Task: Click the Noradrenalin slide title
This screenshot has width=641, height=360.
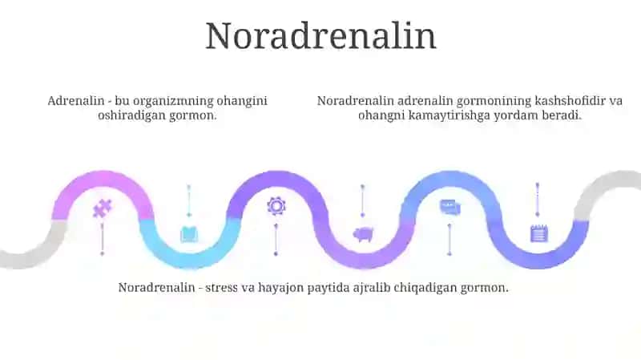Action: click(x=321, y=36)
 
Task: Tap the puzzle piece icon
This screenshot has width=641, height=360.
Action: click(x=103, y=208)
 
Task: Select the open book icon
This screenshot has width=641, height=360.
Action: click(x=189, y=234)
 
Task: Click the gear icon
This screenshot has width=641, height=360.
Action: click(x=276, y=206)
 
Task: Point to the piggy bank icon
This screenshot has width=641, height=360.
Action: click(x=363, y=234)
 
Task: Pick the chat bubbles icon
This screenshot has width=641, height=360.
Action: click(x=450, y=207)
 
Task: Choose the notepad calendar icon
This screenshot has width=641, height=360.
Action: click(x=538, y=233)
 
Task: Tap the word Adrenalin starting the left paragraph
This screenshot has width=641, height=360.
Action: click(x=76, y=101)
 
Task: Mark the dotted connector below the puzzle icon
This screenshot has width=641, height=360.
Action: click(x=103, y=239)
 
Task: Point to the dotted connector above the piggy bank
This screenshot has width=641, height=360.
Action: click(x=363, y=201)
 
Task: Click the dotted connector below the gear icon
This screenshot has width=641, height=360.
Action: click(x=276, y=240)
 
